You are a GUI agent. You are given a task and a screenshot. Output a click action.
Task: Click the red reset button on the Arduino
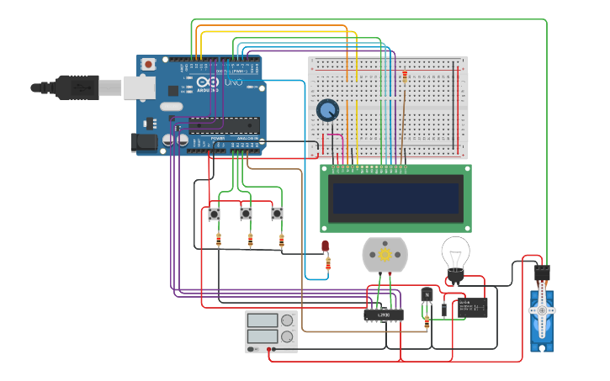tap(149, 64)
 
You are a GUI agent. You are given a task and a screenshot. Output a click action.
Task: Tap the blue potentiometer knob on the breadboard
tap(327, 110)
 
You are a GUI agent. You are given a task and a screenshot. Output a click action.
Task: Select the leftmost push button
tap(215, 214)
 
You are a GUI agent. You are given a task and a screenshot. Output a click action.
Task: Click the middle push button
tap(246, 214)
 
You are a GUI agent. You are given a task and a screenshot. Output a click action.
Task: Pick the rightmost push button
tap(277, 214)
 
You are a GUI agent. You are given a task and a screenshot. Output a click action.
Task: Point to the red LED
tap(326, 246)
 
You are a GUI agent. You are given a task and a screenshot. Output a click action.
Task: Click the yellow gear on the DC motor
tap(385, 254)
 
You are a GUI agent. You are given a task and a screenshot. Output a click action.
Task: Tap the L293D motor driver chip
tap(383, 315)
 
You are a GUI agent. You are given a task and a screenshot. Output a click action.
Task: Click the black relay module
tap(472, 308)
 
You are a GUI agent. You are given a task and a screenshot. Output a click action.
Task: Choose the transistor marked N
tap(427, 294)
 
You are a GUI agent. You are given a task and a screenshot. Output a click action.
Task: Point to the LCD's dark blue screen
tap(395, 198)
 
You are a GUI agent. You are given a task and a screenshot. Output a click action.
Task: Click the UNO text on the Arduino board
tap(231, 83)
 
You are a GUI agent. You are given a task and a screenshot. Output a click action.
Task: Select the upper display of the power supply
tap(262, 320)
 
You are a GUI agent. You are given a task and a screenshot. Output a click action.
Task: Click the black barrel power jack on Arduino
tap(145, 142)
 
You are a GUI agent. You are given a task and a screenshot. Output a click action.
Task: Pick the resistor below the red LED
tap(328, 264)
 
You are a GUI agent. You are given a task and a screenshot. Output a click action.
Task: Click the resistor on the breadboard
tap(405, 79)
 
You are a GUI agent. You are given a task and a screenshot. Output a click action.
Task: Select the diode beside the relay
tap(444, 309)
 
